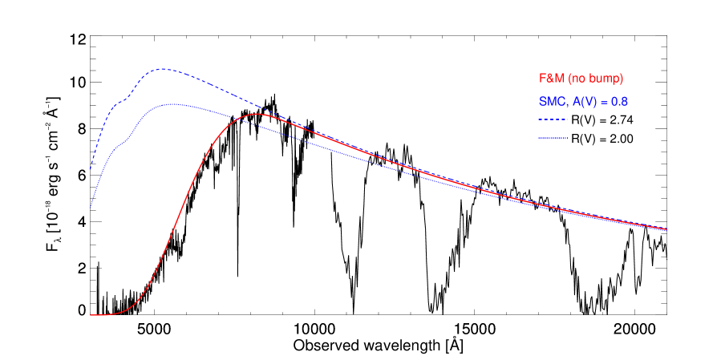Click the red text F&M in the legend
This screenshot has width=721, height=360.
pos(552,79)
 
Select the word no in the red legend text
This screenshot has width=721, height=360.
pos(578,79)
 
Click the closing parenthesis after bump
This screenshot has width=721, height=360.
pos(622,79)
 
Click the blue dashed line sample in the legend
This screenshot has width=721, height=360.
pos(553,119)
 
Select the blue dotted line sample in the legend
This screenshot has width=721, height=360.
pos(553,138)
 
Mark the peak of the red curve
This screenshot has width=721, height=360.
pos(257,114)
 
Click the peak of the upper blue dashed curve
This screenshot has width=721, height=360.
pos(162,69)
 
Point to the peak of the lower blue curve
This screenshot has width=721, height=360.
pos(170,103)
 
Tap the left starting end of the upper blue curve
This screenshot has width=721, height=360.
pos(90,170)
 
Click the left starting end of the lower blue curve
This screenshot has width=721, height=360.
pos(90,207)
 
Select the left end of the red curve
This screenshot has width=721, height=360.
pos(91,315)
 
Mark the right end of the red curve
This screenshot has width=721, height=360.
pos(666,229)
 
